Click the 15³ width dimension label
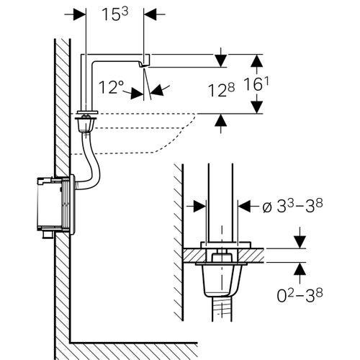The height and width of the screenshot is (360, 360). [x=115, y=14]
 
